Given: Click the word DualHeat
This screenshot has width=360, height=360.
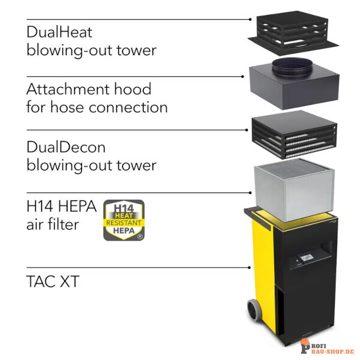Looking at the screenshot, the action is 59,32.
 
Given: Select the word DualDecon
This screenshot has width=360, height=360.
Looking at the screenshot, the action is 66,147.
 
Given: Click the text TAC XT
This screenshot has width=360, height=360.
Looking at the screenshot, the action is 53,281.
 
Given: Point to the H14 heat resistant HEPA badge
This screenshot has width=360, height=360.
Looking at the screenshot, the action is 124,220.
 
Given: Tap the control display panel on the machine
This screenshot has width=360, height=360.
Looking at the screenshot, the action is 306,258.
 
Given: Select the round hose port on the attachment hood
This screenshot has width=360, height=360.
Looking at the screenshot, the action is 292,67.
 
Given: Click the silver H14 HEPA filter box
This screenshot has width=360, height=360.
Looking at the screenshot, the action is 294,190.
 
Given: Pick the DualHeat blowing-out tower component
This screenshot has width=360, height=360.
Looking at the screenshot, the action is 293,33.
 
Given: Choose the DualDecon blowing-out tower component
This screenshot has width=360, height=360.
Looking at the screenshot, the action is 295,135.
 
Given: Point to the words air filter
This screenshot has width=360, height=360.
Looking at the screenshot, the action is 53,224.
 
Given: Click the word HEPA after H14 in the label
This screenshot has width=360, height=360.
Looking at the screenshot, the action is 77,206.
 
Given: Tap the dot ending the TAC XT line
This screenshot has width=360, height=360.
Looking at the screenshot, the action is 250,268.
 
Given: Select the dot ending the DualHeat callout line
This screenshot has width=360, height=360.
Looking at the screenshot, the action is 250,20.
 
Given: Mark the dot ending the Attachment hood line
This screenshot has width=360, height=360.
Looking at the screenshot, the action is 242,76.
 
